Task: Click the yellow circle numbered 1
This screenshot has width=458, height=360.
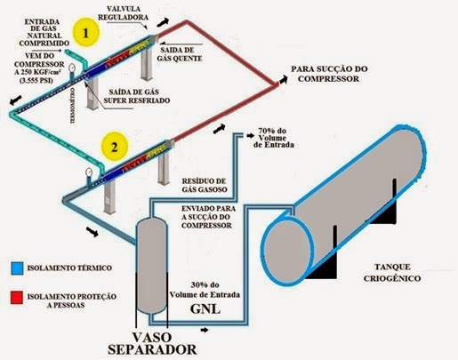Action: [x=87, y=34]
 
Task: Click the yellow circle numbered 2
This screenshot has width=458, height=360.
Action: [x=113, y=143]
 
